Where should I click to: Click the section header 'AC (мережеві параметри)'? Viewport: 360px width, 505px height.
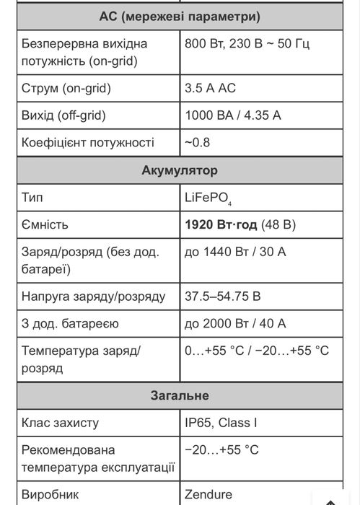180,16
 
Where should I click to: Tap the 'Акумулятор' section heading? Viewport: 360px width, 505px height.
180,170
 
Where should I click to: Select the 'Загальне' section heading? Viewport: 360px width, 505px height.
180,395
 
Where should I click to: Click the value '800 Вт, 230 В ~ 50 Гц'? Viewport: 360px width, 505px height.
247,43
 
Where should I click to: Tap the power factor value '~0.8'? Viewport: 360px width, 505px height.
197,142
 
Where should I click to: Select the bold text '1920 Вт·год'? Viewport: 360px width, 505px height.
221,224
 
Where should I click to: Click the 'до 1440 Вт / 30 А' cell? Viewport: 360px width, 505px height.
235,252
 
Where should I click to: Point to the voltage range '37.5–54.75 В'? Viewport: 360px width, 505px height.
223,297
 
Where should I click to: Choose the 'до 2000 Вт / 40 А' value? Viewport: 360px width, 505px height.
235,323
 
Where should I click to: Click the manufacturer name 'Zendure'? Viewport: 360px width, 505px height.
209,495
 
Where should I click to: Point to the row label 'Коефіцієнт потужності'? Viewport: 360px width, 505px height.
87,142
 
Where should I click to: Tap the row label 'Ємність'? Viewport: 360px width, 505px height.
45,224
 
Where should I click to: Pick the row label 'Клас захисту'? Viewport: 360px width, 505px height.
61,423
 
